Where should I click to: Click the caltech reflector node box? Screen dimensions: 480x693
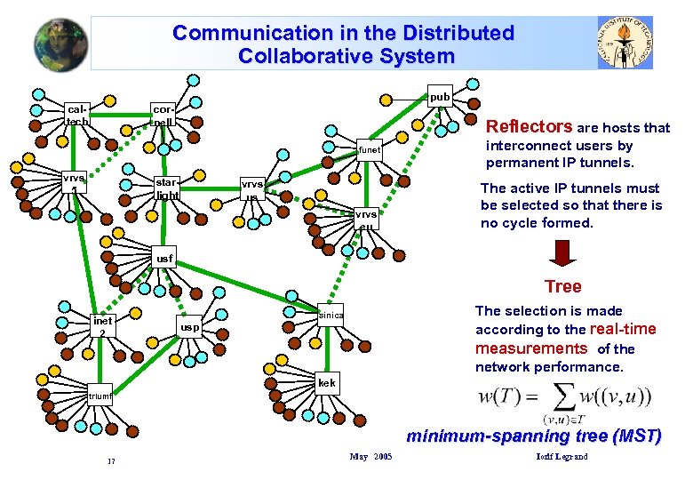click(76, 115)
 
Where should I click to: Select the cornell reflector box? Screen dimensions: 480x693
click(163, 114)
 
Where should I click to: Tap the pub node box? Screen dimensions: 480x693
click(441, 96)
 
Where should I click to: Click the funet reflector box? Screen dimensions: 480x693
click(369, 150)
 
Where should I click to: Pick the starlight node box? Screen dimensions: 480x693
click(167, 188)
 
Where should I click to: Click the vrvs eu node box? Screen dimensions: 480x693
click(366, 218)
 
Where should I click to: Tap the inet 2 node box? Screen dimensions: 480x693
click(102, 326)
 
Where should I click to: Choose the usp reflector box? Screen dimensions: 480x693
click(189, 326)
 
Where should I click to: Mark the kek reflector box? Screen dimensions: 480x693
click(326, 383)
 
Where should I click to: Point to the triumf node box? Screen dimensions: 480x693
click(99, 396)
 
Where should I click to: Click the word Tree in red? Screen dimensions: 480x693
click(563, 286)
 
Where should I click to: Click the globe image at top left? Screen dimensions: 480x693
click(61, 44)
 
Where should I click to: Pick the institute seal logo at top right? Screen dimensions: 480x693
click(626, 43)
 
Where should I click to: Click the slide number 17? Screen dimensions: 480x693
click(110, 460)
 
